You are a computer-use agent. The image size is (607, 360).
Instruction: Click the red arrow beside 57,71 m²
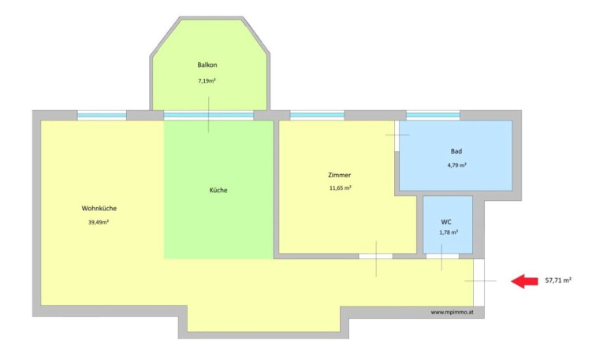[x=524, y=281]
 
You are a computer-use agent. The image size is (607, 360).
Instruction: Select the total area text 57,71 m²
[x=558, y=280]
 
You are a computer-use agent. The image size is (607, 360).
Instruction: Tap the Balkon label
[x=207, y=65]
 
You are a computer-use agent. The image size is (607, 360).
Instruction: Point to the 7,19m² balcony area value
[x=207, y=81]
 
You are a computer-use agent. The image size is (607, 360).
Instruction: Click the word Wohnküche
[x=99, y=209]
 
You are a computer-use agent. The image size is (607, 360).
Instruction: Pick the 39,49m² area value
[x=99, y=222]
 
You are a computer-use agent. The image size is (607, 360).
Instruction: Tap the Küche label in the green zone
[x=218, y=191]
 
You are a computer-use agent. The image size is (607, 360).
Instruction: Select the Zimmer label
[x=340, y=175]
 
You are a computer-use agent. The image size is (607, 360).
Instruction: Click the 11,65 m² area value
[x=341, y=188]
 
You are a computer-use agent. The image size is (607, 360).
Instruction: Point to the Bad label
[x=456, y=151]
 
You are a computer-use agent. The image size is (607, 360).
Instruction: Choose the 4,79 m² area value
[x=456, y=165]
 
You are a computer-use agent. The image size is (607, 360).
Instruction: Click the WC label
[x=446, y=222]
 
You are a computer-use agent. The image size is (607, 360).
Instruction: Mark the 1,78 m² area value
[x=449, y=232]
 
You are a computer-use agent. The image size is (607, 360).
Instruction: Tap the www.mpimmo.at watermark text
[x=452, y=312]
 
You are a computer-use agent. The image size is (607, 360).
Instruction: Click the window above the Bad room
[x=434, y=115]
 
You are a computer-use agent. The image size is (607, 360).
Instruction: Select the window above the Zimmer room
[x=317, y=115]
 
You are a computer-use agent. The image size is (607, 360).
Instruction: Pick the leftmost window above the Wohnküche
[x=102, y=115]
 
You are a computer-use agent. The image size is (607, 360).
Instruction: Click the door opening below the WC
[x=442, y=256]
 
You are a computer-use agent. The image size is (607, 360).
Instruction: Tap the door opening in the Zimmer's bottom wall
[x=375, y=256]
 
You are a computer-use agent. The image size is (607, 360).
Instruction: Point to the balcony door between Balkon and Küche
[x=209, y=115]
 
